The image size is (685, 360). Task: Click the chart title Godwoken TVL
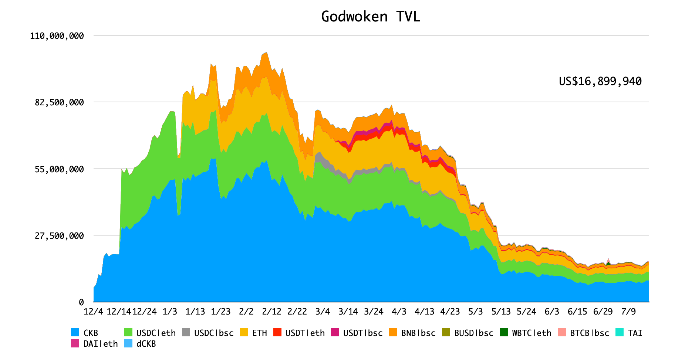click(x=370, y=17)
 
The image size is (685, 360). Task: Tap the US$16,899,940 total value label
click(x=600, y=81)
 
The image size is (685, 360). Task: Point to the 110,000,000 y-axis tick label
click(x=57, y=36)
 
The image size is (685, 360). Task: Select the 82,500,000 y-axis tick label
click(x=59, y=102)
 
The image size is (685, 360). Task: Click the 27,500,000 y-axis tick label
click(x=59, y=236)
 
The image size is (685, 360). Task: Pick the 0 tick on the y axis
click(x=81, y=302)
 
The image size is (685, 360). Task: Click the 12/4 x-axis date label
click(x=93, y=312)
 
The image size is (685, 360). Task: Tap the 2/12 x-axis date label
click(x=271, y=312)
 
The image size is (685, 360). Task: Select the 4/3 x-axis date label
click(x=399, y=312)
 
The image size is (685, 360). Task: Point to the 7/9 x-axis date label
click(x=628, y=312)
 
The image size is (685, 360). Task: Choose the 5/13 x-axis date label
click(x=501, y=312)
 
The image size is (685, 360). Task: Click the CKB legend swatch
click(x=75, y=333)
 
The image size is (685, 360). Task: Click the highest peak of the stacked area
click(x=266, y=53)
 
